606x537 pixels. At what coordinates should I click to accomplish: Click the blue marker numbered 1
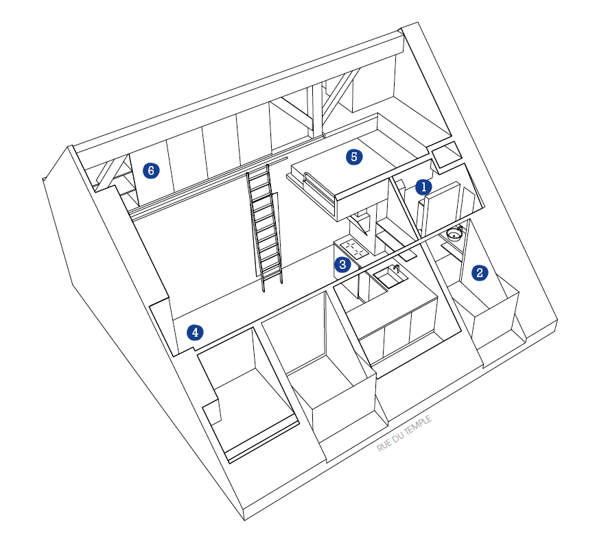tap(423, 187)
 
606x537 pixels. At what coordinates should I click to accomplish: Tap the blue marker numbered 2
tap(480, 273)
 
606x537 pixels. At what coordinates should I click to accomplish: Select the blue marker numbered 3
tap(342, 265)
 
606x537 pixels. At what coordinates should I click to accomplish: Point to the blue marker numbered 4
tap(195, 332)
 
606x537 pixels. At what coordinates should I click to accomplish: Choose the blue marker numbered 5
tap(354, 157)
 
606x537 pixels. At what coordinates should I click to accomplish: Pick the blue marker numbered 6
tap(151, 170)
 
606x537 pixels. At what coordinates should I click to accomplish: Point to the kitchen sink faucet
tap(397, 269)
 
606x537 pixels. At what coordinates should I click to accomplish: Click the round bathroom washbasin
tap(454, 234)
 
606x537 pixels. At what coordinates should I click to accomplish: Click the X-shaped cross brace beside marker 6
tap(112, 173)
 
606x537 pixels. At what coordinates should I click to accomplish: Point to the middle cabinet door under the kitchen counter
tap(397, 336)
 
